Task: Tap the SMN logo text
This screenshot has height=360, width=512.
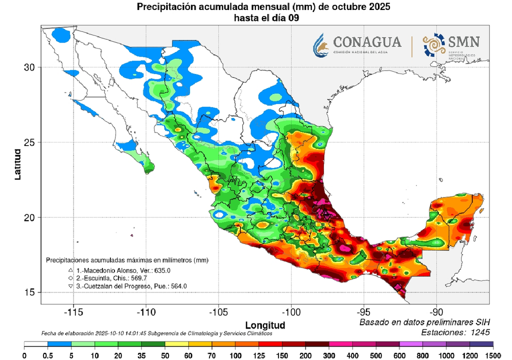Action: click(x=464, y=41)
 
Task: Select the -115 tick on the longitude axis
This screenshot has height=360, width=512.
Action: click(x=73, y=311)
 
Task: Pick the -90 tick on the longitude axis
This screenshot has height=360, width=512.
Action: click(x=436, y=311)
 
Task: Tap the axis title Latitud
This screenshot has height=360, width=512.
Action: click(x=18, y=163)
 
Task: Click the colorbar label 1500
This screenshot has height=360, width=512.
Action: click(x=493, y=355)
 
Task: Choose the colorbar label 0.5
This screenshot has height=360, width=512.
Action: click(x=48, y=355)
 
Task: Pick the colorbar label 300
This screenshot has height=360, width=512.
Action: click(x=328, y=355)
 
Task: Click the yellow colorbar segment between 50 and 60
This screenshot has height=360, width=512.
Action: click(x=176, y=345)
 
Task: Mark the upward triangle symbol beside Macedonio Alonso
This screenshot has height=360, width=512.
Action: click(x=71, y=270)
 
